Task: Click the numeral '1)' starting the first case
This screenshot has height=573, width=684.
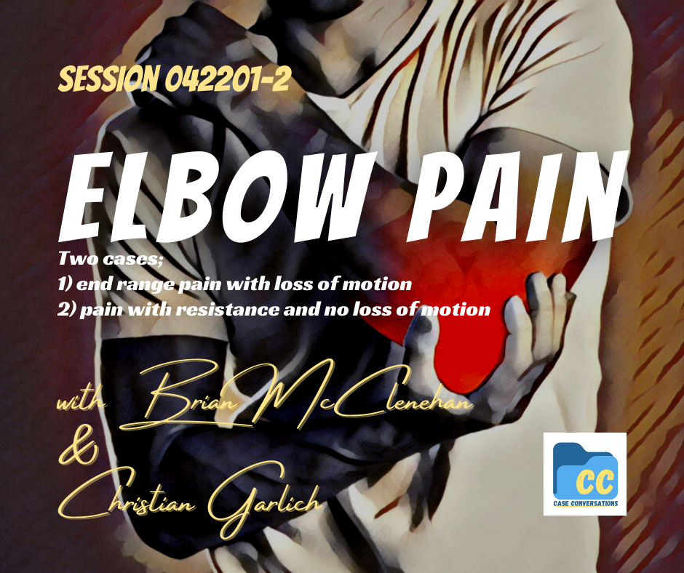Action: point(67,284)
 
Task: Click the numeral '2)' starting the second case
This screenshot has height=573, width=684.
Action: point(68,309)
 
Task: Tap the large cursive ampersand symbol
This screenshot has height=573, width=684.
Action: point(79,449)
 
